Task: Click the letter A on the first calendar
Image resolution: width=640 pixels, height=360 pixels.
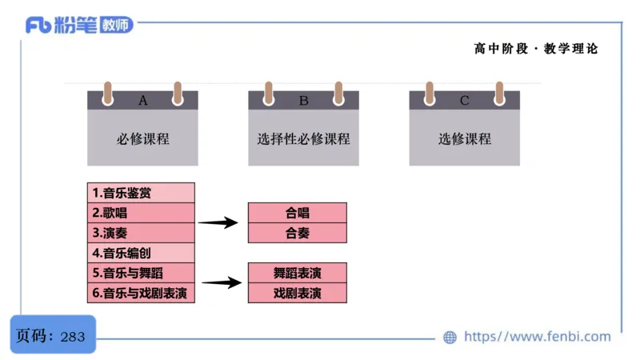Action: tap(143, 101)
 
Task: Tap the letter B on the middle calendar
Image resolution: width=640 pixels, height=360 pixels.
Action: tap(304, 101)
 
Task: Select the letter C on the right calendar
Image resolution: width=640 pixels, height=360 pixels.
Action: tap(465, 101)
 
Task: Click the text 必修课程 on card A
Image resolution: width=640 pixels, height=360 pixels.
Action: tap(143, 138)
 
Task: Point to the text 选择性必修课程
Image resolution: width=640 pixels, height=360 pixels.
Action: tap(304, 138)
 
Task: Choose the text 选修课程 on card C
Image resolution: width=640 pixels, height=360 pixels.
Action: tap(465, 138)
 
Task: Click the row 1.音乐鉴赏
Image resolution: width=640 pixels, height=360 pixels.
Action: tap(142, 193)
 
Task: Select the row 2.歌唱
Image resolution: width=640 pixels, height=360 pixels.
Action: tap(142, 213)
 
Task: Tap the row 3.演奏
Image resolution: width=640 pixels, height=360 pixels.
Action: tap(142, 233)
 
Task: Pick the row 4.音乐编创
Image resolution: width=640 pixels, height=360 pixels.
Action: tap(142, 253)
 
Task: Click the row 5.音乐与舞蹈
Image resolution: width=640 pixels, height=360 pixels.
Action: tap(142, 273)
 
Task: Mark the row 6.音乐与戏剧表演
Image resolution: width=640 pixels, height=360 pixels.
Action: tap(142, 293)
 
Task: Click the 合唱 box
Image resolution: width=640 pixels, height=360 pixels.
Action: tap(298, 213)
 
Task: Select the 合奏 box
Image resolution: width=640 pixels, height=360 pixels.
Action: tap(298, 233)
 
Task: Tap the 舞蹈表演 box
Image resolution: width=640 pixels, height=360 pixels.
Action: tap(298, 273)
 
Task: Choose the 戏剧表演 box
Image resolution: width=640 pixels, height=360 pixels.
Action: tap(298, 293)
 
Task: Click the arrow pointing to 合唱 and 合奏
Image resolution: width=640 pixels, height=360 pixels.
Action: tap(218, 223)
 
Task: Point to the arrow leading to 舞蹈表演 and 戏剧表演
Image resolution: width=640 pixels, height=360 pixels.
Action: tap(222, 282)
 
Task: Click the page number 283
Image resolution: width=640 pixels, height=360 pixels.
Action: tap(73, 337)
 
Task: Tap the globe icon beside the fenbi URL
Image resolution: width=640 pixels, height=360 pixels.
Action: tap(450, 337)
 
